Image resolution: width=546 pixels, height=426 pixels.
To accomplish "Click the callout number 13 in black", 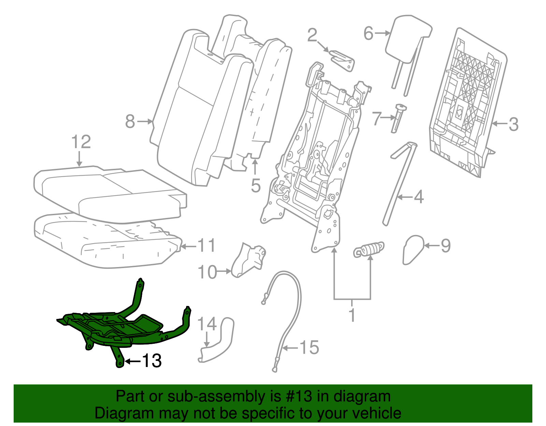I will tap(152, 361).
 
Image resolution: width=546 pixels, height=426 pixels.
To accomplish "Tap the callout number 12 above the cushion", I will tap(81, 142).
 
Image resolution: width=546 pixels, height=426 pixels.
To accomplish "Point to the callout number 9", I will tap(446, 246).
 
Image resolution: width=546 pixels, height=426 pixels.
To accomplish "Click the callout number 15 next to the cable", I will tap(309, 348).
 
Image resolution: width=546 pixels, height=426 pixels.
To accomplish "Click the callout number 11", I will tap(206, 246).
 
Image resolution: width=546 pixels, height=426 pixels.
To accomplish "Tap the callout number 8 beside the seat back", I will tap(130, 121).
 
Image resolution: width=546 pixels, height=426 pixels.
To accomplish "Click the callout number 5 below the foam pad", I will tap(255, 186).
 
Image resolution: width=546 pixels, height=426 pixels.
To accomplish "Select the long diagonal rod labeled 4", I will tap(399, 184).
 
